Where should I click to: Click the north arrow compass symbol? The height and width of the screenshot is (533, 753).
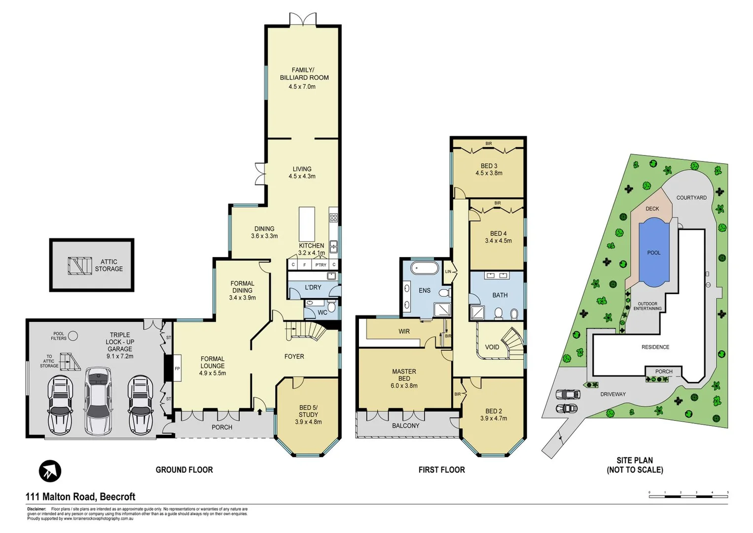tap(50, 471)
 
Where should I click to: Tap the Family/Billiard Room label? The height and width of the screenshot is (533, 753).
tap(304, 74)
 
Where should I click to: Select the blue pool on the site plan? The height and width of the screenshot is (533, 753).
tap(653, 253)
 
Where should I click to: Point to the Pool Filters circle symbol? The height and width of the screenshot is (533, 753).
tap(73, 336)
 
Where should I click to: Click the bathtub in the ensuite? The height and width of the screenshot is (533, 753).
tap(424, 268)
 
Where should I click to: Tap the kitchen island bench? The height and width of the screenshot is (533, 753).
tap(307, 224)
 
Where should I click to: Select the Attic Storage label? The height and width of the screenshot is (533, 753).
tap(109, 266)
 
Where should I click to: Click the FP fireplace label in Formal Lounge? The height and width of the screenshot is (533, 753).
tap(177, 369)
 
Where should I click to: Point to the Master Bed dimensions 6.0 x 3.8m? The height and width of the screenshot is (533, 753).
tap(404, 386)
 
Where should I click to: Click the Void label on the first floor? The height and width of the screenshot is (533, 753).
tap(492, 347)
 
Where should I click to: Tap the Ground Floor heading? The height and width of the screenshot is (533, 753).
tap(184, 470)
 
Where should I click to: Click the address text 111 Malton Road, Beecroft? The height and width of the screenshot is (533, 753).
tap(80, 496)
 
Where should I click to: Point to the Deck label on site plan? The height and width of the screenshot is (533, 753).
tap(652, 209)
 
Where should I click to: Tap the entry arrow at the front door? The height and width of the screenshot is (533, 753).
tap(259, 411)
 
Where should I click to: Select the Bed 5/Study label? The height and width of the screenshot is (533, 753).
tap(308, 411)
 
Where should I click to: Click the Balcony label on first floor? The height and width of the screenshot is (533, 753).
tap(405, 425)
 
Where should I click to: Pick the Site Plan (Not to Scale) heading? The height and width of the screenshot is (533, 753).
tap(635, 465)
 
